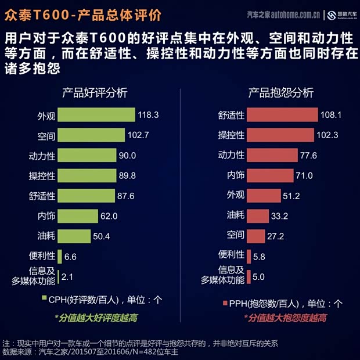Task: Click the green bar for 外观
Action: (96, 115)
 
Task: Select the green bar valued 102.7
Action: (92, 135)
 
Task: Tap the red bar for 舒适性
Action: (282, 115)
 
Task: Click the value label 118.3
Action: (148, 115)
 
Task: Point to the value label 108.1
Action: (331, 115)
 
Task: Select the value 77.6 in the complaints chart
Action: (308, 156)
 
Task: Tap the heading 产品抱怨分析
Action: (281, 93)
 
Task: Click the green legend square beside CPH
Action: (44, 300)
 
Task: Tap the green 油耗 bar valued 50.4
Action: (74, 236)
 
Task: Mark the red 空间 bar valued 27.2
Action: (255, 236)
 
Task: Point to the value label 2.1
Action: (67, 276)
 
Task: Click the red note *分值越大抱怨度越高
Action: (284, 318)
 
